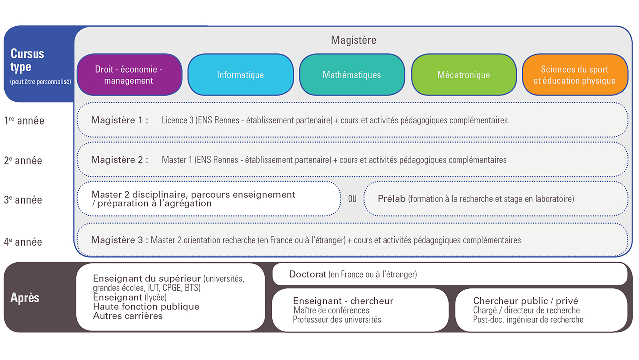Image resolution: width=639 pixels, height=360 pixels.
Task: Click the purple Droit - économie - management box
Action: pos(129,75)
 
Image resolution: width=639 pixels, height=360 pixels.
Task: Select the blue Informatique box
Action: pos(240,75)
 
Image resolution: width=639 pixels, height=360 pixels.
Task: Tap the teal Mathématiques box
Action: pos(352,75)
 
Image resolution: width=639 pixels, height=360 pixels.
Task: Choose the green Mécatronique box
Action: pos(464,75)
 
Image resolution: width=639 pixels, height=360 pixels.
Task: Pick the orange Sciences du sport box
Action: pos(575,75)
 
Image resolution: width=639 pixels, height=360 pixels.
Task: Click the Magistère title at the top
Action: pos(354,40)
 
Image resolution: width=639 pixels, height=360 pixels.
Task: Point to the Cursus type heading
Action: pos(27,60)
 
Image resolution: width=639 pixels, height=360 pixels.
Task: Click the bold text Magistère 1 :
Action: pos(120,120)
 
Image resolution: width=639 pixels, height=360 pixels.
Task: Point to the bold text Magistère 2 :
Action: pos(120,160)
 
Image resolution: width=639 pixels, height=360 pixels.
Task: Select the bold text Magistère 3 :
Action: pos(120,240)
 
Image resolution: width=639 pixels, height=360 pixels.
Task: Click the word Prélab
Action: pos(392,199)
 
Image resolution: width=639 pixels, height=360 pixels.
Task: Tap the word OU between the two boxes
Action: pos(352,199)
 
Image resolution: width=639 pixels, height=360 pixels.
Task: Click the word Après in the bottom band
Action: pos(25,298)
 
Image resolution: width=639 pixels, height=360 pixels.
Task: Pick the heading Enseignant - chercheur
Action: pos(343,301)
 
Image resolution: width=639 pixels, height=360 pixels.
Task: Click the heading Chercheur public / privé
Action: pos(526,301)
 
